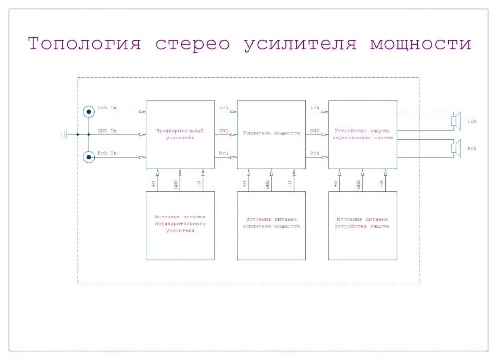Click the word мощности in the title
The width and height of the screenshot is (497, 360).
point(420,44)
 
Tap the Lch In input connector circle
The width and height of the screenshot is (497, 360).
point(89,111)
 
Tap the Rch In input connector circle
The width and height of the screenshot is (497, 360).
point(89,157)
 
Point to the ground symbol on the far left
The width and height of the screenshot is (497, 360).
point(64,134)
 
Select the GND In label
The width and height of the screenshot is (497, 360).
point(107,131)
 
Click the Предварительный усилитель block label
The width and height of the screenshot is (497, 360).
point(180,134)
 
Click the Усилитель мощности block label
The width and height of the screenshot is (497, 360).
point(271,133)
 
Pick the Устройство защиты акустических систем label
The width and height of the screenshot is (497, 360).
point(363,134)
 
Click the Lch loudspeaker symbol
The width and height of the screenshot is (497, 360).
point(456,121)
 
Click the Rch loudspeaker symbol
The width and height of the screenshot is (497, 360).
point(456,148)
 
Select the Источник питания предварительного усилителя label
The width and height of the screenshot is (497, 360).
point(180,224)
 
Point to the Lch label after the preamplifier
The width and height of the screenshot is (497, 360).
point(224,108)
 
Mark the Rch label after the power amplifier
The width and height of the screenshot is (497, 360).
point(315,153)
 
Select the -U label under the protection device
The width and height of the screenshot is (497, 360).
point(381,184)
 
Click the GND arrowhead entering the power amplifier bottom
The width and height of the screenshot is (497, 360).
point(271,172)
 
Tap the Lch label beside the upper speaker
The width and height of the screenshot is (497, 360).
point(472,121)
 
